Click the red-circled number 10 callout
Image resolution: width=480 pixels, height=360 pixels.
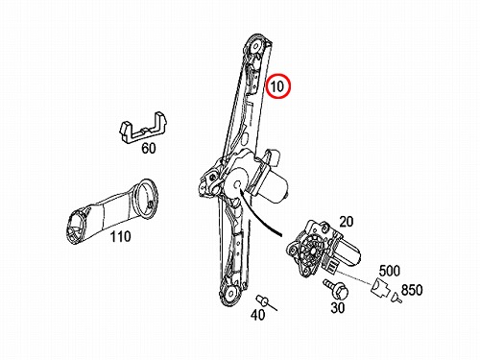point(278,86)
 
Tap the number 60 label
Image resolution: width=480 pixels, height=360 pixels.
point(149,149)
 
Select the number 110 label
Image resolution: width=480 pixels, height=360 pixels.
point(120,237)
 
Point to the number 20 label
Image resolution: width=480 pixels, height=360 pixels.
point(346,222)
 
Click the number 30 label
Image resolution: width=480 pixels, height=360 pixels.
point(338,308)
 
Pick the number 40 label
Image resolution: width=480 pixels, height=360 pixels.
point(257,315)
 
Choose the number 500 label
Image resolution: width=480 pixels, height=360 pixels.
point(390,271)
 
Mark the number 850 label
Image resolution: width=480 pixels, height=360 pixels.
point(412,290)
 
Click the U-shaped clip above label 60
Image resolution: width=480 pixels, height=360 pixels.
point(143,128)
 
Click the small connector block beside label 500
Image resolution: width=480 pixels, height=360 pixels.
point(380,287)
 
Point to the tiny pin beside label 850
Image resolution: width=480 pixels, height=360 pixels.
point(396,298)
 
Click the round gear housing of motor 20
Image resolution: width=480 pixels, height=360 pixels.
point(311,250)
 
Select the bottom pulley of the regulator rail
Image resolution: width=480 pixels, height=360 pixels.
point(229,292)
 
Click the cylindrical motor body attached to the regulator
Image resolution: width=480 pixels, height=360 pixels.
point(275,189)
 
